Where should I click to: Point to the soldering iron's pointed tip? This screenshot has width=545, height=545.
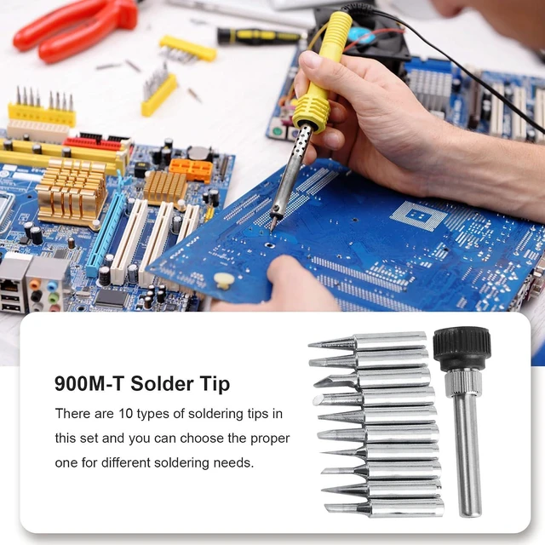272,229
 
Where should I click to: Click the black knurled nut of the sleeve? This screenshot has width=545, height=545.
462,348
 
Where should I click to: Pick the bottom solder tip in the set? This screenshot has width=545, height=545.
384,508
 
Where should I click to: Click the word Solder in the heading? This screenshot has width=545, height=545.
162,384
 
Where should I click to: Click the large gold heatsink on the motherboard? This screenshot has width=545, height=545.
72,190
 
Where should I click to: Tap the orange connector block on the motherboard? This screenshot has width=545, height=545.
191,170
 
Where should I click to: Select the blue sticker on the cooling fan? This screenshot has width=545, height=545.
364,34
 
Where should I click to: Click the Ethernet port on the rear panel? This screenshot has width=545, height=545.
10,286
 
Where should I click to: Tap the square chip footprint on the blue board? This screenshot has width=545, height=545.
418,215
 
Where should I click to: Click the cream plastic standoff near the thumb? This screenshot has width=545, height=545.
223,280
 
